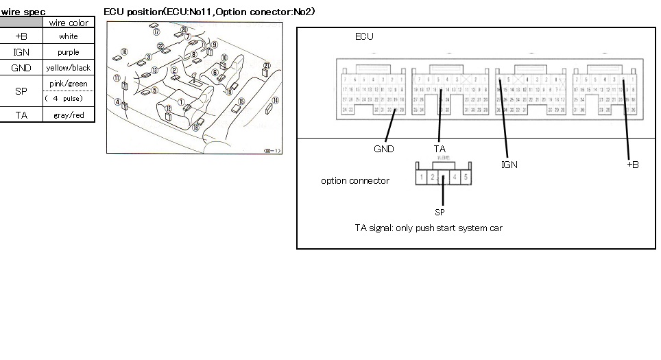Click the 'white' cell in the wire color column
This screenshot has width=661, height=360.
[69, 36]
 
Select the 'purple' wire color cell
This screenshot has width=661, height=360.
[69, 52]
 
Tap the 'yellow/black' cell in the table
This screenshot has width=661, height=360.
[69, 68]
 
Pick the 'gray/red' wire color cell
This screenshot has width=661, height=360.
[69, 115]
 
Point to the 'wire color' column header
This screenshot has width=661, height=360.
[69, 23]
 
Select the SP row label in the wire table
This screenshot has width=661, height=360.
[21, 91]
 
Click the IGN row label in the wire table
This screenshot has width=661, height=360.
[21, 52]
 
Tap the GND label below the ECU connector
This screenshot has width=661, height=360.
[383, 149]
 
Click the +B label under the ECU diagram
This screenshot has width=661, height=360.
[632, 165]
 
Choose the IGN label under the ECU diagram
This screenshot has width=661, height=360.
[509, 165]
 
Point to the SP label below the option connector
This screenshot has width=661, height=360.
[440, 212]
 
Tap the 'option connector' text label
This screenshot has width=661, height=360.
[354, 181]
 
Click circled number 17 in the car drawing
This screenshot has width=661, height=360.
[156, 32]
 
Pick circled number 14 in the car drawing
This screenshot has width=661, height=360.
[275, 100]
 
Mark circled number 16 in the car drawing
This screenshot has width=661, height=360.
[123, 51]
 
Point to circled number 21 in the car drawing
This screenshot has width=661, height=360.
[266, 65]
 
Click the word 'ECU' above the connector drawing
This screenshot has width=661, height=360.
[364, 36]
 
